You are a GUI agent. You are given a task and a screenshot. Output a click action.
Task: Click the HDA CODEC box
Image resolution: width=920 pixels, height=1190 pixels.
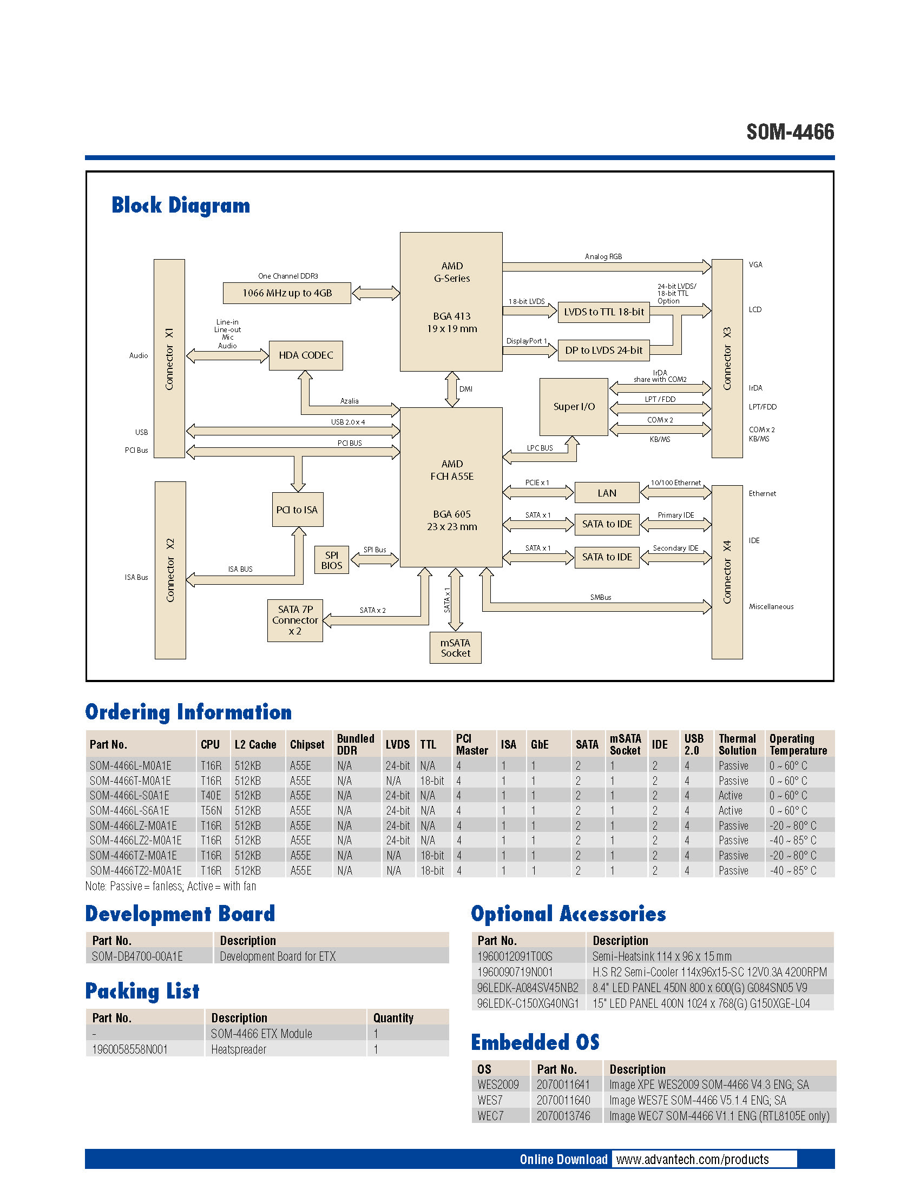tap(306, 355)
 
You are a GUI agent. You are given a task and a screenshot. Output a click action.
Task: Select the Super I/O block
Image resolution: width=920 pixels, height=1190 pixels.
tap(573, 406)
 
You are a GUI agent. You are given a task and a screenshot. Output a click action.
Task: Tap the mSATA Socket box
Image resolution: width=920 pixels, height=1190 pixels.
tap(455, 648)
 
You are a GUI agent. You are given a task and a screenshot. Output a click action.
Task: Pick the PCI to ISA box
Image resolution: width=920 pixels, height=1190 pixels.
tap(298, 510)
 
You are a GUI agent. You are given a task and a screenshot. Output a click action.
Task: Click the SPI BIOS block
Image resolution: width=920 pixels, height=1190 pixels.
tap(331, 560)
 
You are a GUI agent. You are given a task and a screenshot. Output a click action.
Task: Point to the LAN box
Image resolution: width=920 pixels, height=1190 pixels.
tap(607, 493)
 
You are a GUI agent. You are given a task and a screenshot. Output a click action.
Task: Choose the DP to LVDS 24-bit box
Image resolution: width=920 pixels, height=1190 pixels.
tap(603, 351)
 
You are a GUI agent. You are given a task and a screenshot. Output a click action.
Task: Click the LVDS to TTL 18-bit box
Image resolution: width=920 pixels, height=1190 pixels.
tap(603, 312)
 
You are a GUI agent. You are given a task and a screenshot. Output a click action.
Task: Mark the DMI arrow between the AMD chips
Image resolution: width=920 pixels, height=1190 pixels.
tap(452, 389)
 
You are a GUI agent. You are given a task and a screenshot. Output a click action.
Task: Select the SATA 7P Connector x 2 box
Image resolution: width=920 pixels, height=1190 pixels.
tap(295, 620)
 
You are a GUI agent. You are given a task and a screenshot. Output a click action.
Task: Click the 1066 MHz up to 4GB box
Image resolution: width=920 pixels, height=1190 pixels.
tap(287, 293)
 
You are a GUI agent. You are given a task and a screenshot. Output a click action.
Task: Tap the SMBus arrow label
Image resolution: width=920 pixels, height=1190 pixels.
tap(600, 597)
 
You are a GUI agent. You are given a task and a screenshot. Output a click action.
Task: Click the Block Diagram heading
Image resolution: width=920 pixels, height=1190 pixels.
tap(180, 206)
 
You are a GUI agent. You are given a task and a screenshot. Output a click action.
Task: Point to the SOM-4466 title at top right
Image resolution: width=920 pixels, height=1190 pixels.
tap(790, 132)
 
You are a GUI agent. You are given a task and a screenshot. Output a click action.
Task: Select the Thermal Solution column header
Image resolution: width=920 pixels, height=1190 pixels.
tap(737, 744)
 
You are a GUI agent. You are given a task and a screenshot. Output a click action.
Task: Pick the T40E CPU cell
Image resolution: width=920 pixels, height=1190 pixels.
tap(211, 796)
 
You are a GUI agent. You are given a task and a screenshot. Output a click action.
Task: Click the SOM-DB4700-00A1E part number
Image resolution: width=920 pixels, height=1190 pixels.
tap(137, 956)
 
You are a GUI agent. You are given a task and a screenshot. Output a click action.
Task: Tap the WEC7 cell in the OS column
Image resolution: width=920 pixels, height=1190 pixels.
tap(490, 1116)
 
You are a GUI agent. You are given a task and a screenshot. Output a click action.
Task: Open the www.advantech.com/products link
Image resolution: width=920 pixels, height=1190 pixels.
tap(692, 1160)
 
